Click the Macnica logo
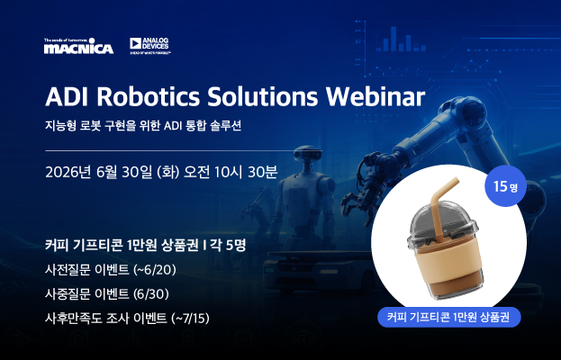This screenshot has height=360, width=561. (78, 46)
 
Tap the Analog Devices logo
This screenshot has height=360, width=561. (149, 46)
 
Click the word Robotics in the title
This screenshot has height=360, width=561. (148, 96)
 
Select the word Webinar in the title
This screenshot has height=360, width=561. (376, 96)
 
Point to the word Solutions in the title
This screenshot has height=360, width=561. (263, 96)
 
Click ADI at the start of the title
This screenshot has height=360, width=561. (67, 96)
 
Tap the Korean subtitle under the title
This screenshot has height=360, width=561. (143, 126)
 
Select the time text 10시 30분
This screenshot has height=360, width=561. (246, 172)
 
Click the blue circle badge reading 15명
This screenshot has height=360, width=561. (505, 186)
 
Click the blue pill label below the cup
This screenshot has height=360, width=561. (449, 317)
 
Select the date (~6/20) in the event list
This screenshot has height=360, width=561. (155, 270)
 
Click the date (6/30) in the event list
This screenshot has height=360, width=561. (151, 294)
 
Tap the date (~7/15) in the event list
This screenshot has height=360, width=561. (190, 319)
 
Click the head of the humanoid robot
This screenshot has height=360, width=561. (307, 154)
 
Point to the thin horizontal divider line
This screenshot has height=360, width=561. (169, 151)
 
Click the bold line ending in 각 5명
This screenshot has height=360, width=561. (146, 245)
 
